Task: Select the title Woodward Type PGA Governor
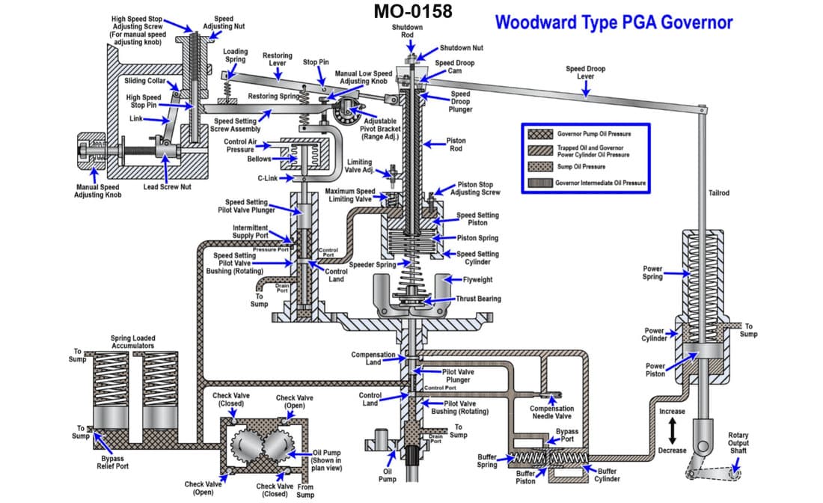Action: pyautogui.click(x=614, y=22)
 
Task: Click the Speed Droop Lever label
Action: pyautogui.click(x=585, y=73)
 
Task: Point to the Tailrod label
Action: pyautogui.click(x=718, y=193)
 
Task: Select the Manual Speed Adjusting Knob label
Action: pyautogui.click(x=97, y=191)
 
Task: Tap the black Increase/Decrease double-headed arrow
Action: pyautogui.click(x=672, y=430)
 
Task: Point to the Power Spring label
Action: pyautogui.click(x=652, y=272)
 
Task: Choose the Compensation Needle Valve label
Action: pyautogui.click(x=551, y=413)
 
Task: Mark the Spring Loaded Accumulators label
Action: pyautogui.click(x=132, y=342)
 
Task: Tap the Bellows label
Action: pyautogui.click(x=260, y=159)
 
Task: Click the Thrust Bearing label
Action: pyautogui.click(x=478, y=299)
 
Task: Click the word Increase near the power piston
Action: pyautogui.click(x=672, y=411)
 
